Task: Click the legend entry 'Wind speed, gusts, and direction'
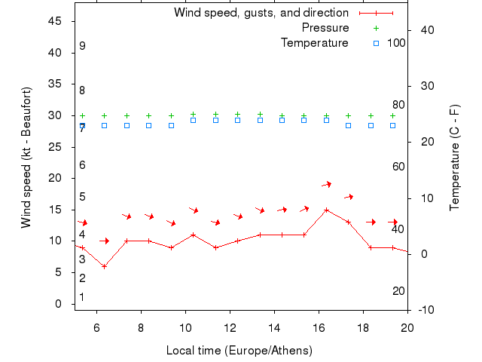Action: click(261, 13)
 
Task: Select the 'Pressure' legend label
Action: click(325, 28)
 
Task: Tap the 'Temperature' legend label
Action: click(315, 43)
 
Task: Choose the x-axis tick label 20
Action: click(407, 327)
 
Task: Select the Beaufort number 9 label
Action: click(82, 46)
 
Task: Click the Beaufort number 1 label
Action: click(82, 297)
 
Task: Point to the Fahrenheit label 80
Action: click(398, 105)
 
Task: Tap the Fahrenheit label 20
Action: click(398, 291)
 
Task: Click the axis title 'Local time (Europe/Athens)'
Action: click(239, 351)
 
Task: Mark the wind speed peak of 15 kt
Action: click(326, 210)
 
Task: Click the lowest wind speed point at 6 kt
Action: click(104, 266)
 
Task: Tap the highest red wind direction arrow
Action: click(327, 184)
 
